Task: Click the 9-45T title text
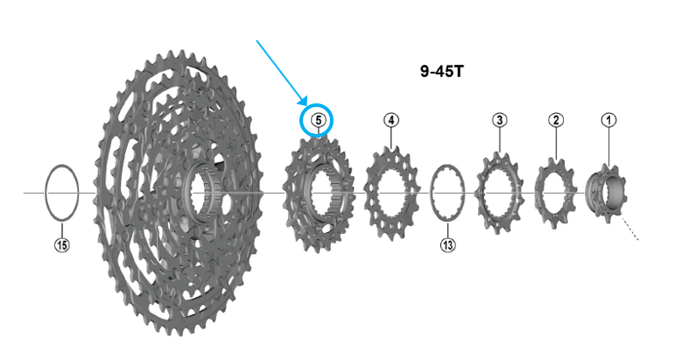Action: click(x=442, y=71)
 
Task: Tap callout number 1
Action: click(x=608, y=120)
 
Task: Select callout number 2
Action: click(x=556, y=120)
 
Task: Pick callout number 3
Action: click(x=499, y=120)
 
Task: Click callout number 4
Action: click(x=390, y=120)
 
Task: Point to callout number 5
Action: click(x=318, y=120)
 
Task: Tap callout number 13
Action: click(x=447, y=245)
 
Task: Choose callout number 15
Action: click(x=62, y=245)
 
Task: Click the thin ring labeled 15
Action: click(x=46, y=193)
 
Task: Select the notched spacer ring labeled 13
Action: click(x=432, y=193)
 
